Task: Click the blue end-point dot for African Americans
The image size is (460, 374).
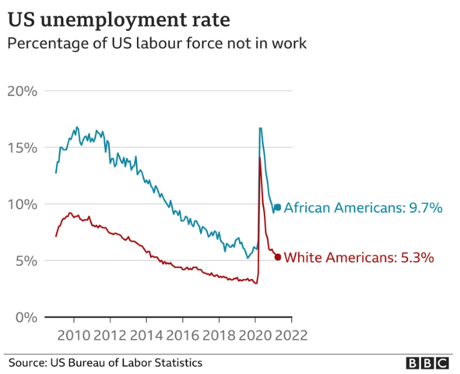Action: click(278, 207)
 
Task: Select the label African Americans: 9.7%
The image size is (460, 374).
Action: click(363, 208)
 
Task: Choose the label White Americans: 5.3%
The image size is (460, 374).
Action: click(359, 257)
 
